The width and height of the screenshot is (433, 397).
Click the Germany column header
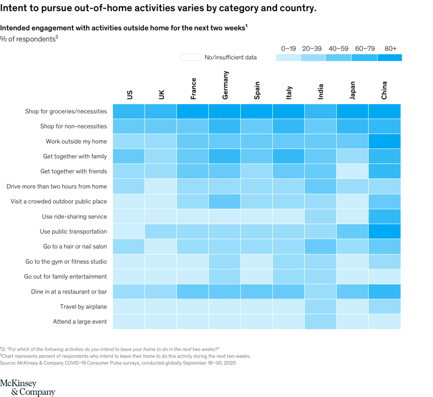pos(225,85)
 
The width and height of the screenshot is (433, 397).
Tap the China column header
pos(384,90)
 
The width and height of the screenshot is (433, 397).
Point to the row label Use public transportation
pos(73,232)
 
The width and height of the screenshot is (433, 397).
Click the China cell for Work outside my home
pos(384,141)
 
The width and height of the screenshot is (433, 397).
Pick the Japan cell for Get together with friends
pos(352,171)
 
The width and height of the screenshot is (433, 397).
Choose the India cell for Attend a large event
pos(320,322)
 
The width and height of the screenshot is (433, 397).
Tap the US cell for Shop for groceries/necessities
pos(128,112)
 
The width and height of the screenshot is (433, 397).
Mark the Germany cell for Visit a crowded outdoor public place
pos(224,202)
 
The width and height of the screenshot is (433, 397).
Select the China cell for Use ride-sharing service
pos(384,217)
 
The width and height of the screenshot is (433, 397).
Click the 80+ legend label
pos(390,49)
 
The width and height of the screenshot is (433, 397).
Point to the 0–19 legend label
pos(289,49)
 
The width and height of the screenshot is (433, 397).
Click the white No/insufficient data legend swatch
pos(190,57)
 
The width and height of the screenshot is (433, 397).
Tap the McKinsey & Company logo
pos(28,388)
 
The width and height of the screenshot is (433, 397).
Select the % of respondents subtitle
pos(29,39)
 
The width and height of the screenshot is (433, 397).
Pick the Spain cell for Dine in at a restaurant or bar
pos(256,291)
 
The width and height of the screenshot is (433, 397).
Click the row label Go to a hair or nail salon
pos(75,247)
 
